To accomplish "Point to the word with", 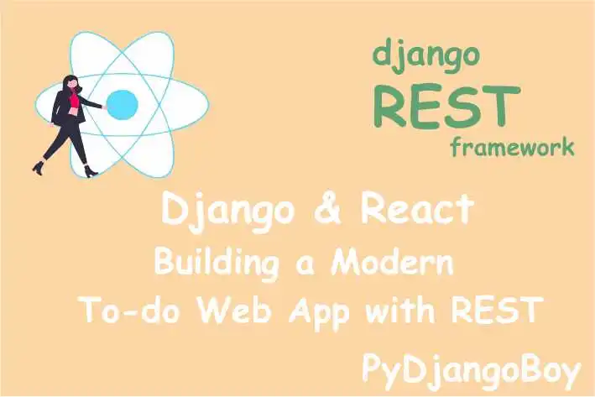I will coord(402,311).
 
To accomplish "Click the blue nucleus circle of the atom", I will coord(123,104).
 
